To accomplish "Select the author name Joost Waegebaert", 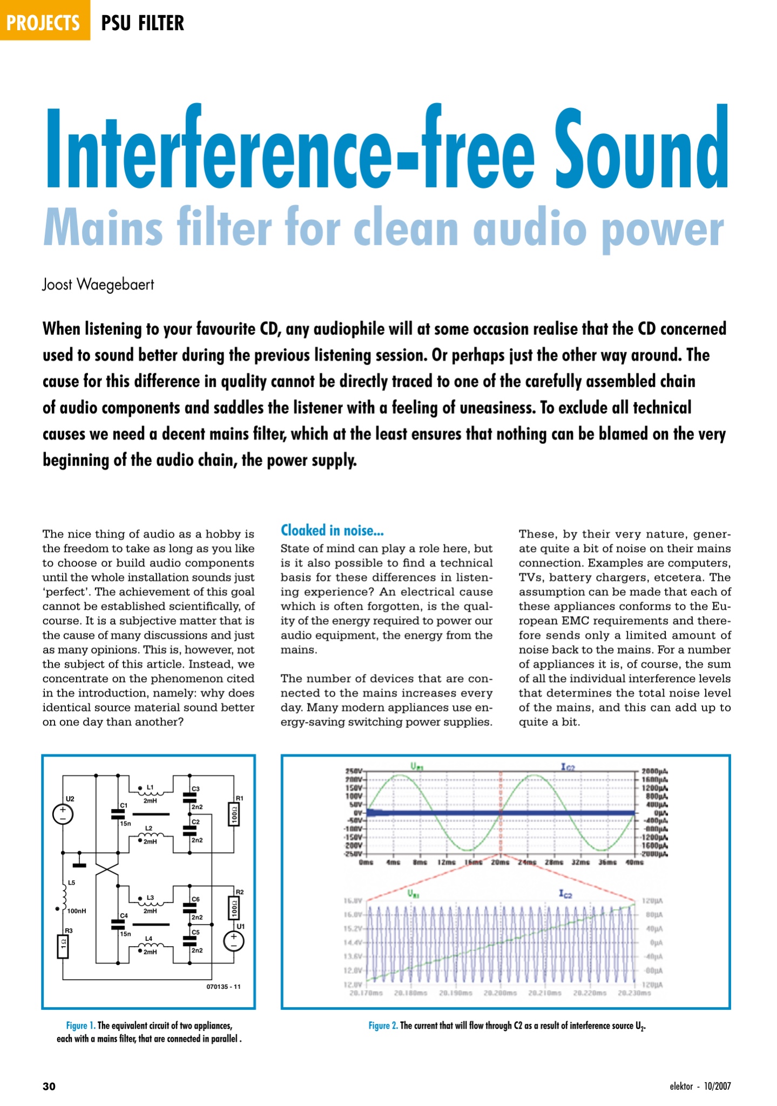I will click(98, 285).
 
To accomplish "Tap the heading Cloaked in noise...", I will click(332, 530).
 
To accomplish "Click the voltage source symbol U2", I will click(63, 813).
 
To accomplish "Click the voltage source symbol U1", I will click(234, 941).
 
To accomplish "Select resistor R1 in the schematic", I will click(234, 814).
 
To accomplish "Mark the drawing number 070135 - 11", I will click(224, 987).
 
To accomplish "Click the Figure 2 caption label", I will click(383, 1026).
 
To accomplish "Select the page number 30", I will click(49, 1087).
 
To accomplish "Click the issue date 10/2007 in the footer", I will click(717, 1087).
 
